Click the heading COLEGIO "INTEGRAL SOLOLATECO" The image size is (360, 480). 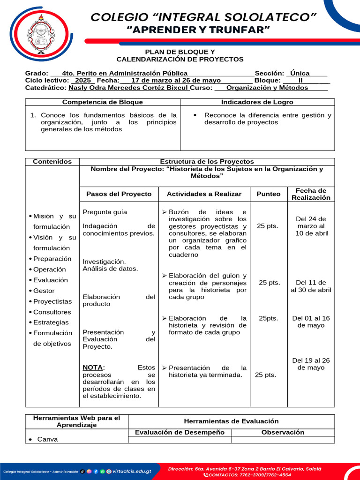click(x=203, y=17)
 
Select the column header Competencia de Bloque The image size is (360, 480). click(x=103, y=102)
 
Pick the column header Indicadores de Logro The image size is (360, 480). click(x=257, y=102)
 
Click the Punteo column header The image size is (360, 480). click(x=269, y=194)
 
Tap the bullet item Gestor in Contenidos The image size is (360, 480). click(x=44, y=291)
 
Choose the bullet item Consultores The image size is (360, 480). click(x=52, y=312)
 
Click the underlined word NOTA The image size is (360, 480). click(x=93, y=368)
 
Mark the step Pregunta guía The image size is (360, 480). click(x=105, y=212)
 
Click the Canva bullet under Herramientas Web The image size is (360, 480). click(x=47, y=440)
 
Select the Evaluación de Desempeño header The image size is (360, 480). click(x=180, y=433)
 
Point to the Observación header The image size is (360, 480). click(x=283, y=433)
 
